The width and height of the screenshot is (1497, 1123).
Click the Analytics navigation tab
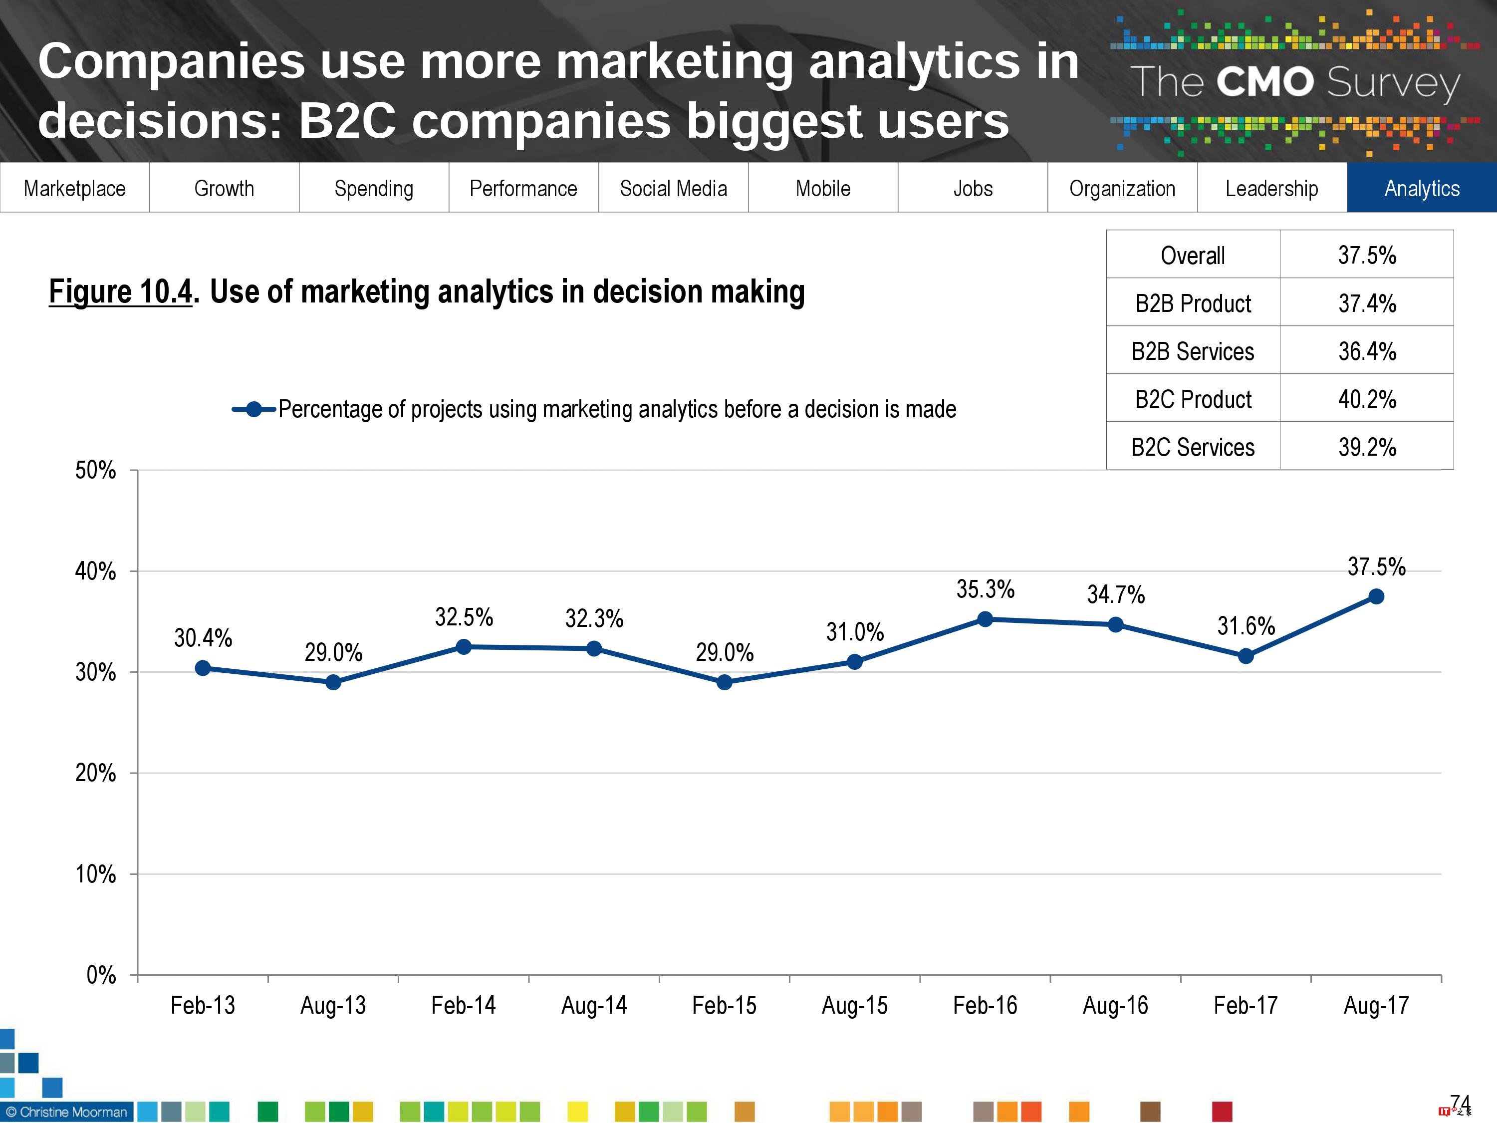coord(1421,188)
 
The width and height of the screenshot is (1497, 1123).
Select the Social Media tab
coord(673,188)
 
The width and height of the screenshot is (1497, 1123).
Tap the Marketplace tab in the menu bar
coord(74,188)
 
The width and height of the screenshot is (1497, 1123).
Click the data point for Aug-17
coord(1376,596)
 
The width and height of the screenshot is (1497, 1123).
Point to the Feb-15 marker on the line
coord(724,682)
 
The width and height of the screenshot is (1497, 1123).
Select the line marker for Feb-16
coord(986,619)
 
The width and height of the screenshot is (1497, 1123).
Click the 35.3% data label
coord(986,589)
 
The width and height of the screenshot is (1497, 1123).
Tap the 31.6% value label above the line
coord(1246,625)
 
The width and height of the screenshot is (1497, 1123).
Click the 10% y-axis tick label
coord(95,874)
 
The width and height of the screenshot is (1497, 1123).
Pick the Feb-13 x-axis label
coord(203,1005)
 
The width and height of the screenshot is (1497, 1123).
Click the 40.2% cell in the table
coord(1366,399)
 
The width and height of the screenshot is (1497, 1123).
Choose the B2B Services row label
coord(1193,351)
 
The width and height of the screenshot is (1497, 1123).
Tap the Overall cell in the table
coord(1193,255)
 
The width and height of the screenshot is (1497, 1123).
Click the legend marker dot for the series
coord(254,410)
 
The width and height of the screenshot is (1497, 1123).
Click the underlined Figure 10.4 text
coord(120,292)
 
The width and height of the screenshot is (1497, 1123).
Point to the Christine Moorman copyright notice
coord(66,1112)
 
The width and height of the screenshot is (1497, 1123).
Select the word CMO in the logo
coord(1265,82)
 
